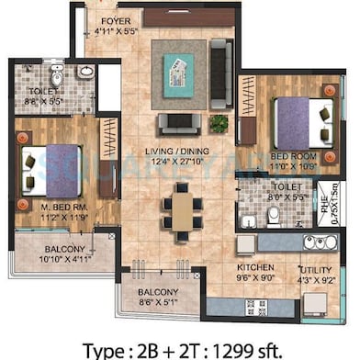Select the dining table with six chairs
coord(184,208)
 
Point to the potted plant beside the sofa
coord(219,122)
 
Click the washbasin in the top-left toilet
coord(84,71)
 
